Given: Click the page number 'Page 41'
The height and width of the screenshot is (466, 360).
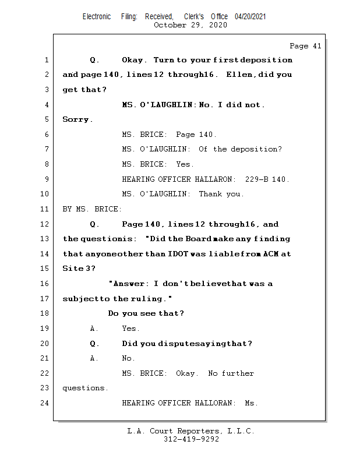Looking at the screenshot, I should click(x=305, y=46).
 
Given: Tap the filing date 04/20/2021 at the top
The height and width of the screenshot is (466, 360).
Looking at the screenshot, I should click(x=250, y=17).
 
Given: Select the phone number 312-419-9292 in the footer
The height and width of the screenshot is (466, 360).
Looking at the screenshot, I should click(x=191, y=439).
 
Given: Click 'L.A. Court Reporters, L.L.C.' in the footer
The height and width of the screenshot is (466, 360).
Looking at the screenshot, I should click(x=191, y=431).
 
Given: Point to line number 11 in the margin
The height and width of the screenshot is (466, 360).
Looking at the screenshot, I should click(x=45, y=209).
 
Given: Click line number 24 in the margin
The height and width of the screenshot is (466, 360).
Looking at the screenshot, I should click(x=45, y=403).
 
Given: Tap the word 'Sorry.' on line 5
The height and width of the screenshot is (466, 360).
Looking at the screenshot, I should click(x=77, y=119).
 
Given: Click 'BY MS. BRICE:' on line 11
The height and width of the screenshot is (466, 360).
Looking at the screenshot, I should click(x=92, y=209).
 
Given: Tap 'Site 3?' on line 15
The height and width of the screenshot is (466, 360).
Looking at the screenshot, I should click(x=79, y=269).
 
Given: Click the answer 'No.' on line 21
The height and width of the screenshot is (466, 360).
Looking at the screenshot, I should click(x=128, y=358).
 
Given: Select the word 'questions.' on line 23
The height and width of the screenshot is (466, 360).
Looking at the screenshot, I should click(x=85, y=388).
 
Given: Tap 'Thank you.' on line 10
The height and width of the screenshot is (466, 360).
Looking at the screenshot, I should click(x=221, y=194).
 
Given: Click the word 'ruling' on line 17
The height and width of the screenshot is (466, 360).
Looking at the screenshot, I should click(x=150, y=299).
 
